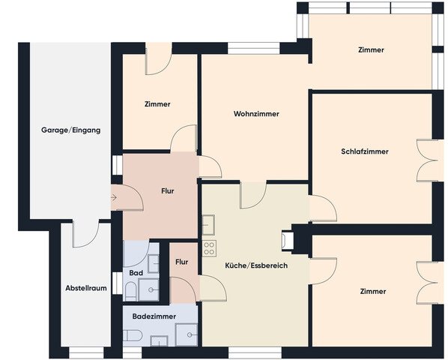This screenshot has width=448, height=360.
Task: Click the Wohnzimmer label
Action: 256,114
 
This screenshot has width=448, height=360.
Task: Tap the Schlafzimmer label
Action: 365,151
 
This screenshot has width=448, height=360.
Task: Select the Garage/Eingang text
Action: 71,130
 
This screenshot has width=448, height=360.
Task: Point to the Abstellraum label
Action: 86,288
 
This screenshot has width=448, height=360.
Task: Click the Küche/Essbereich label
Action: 256,265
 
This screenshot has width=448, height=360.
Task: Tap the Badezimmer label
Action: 154,316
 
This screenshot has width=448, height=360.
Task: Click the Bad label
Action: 136,273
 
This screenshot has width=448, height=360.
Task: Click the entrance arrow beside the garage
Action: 114,197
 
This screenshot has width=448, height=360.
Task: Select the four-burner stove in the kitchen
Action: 209,248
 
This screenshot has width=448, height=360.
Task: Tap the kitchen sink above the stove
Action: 208,225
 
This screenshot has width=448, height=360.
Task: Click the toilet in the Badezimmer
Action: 133,335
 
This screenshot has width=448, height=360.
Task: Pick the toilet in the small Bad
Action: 130,291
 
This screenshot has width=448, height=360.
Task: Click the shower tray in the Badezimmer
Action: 187,334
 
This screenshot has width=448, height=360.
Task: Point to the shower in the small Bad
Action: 148,289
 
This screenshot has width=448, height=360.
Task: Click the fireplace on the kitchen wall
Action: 287,241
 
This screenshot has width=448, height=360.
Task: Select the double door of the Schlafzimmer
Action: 427,160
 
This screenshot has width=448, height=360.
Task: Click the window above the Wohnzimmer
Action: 253,48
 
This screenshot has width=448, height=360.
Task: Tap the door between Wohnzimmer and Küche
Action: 253,195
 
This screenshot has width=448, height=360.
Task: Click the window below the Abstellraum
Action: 86,352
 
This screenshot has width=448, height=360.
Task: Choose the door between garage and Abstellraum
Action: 85,233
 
